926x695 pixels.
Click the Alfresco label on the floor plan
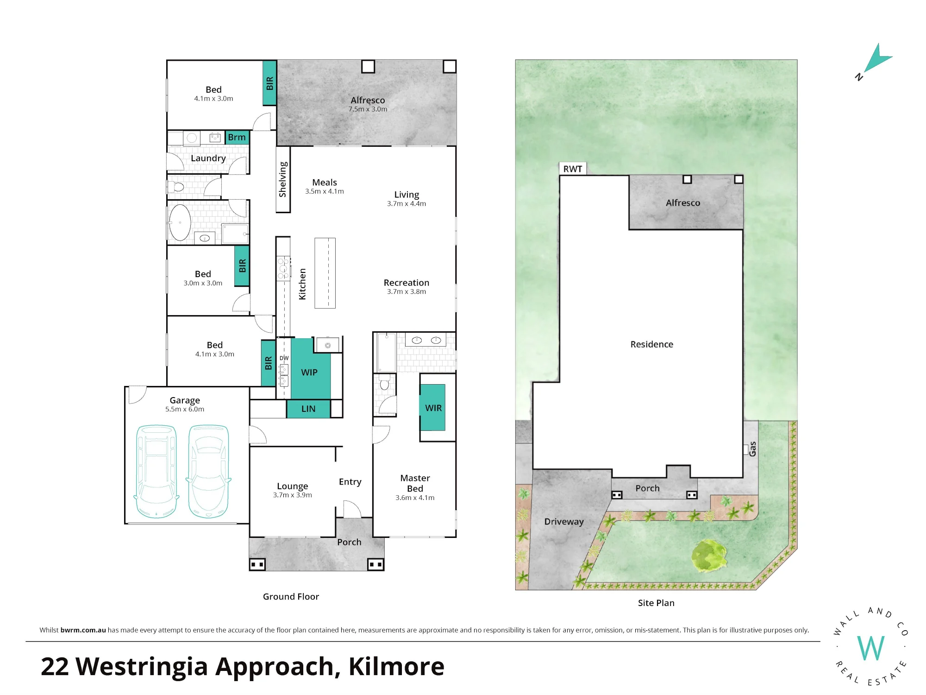(x=368, y=100)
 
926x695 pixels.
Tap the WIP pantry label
(x=309, y=373)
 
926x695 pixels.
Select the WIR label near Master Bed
(x=433, y=408)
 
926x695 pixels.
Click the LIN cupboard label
(x=308, y=409)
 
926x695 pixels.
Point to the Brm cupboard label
(x=237, y=137)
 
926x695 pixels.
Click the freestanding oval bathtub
(x=180, y=223)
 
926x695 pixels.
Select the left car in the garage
(x=156, y=471)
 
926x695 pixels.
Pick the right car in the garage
(x=209, y=471)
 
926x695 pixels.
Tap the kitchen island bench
(x=325, y=273)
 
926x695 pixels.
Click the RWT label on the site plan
(x=573, y=169)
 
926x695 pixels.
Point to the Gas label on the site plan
(x=753, y=449)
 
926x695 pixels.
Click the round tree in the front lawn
(x=708, y=555)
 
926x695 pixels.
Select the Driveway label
(x=564, y=522)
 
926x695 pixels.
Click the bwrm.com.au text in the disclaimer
(x=83, y=630)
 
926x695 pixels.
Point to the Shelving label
(x=283, y=179)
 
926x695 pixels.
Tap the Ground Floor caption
(x=291, y=597)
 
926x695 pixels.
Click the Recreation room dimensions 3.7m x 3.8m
(x=407, y=291)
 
